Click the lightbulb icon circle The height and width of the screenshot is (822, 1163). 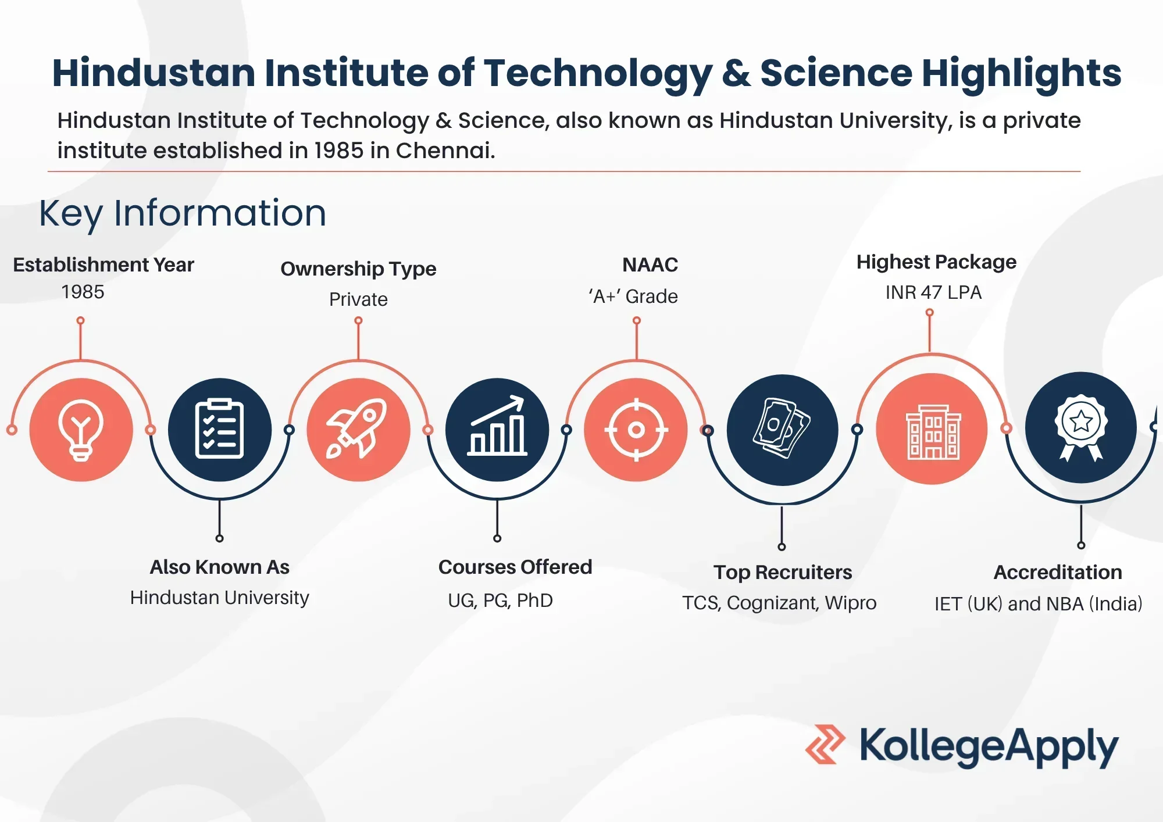(81, 430)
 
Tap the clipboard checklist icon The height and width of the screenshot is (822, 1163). (219, 430)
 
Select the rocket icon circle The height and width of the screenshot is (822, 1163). (358, 430)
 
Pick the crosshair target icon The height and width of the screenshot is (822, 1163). (636, 430)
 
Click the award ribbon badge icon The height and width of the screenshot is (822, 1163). (1081, 428)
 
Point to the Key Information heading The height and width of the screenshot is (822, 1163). (183, 213)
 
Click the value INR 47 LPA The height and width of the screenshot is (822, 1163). (933, 292)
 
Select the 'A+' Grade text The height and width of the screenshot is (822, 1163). (633, 296)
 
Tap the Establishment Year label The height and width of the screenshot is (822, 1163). (104, 265)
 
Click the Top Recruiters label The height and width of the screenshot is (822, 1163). (783, 572)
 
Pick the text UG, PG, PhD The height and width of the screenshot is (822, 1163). (500, 601)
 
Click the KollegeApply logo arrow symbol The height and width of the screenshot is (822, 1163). (825, 744)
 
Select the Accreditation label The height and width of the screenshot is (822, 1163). (1058, 572)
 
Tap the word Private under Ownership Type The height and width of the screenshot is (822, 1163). (358, 299)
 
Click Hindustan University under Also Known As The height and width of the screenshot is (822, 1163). (220, 598)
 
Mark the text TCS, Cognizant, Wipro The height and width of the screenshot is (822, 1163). (779, 603)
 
